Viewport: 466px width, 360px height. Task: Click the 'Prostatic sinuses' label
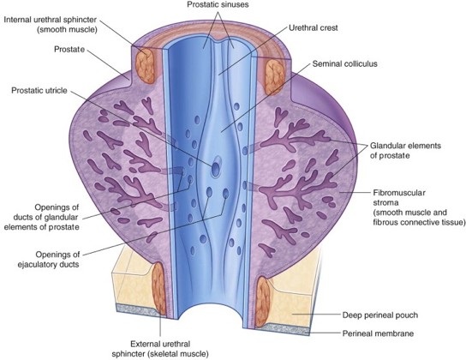(x=218, y=5)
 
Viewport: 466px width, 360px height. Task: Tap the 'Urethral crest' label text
(x=314, y=28)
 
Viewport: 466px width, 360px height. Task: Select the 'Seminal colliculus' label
(x=344, y=64)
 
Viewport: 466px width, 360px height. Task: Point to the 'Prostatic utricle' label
(x=39, y=90)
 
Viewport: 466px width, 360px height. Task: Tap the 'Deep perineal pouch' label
(x=380, y=315)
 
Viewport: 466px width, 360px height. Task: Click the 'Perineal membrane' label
(x=378, y=333)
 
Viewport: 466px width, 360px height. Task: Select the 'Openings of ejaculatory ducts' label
(x=57, y=260)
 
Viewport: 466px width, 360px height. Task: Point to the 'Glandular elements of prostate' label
(x=405, y=151)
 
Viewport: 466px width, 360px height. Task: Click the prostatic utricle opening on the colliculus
(x=216, y=169)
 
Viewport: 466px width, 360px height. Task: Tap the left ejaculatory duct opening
(x=209, y=193)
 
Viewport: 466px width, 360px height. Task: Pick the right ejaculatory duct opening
(x=226, y=194)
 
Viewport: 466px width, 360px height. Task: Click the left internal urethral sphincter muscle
(x=145, y=66)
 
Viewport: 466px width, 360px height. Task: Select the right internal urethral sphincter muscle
(x=275, y=77)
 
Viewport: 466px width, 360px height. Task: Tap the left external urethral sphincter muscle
(x=159, y=289)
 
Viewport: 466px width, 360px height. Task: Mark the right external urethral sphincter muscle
(x=263, y=301)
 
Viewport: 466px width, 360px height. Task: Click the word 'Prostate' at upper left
(x=69, y=50)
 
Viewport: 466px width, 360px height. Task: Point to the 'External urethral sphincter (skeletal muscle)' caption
(x=160, y=349)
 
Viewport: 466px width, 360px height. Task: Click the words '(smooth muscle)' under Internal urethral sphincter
(x=67, y=30)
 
